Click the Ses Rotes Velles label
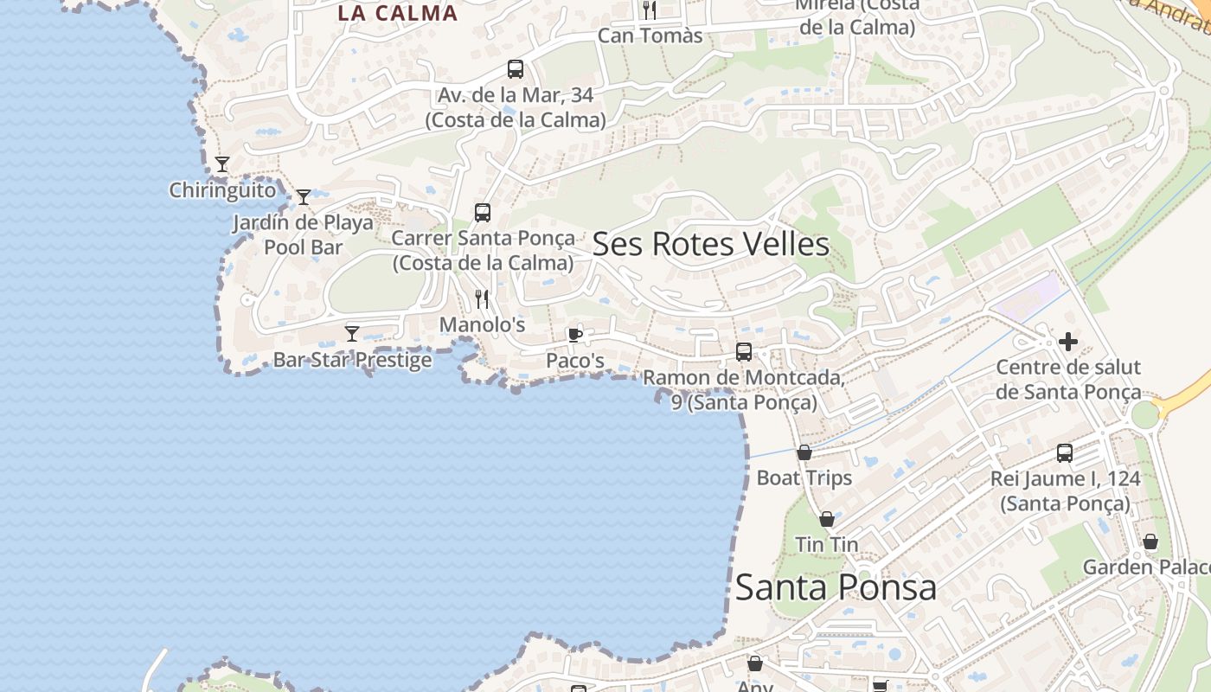710,245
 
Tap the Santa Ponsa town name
836,587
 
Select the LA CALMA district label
397,13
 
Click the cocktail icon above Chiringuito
222,163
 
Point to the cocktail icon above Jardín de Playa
304,197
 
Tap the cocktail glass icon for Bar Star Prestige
352,333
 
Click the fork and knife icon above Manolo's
482,299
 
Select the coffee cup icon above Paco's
574,335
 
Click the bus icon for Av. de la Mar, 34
516,69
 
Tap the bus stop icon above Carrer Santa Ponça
483,212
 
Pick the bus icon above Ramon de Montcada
744,351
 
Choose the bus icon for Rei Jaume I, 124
1065,452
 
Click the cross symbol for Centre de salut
1068,342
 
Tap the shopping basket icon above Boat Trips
804,452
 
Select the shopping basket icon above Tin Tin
827,519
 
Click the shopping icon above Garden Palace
1150,542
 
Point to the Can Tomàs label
650,36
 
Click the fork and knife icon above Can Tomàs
650,10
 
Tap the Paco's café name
575,360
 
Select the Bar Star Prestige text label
352,360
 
